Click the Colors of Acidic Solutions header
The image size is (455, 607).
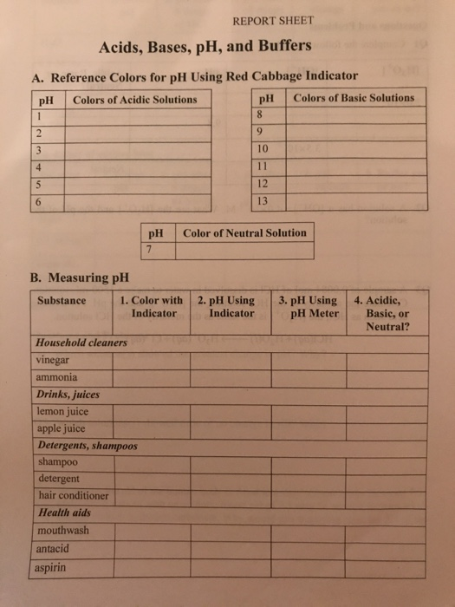coord(134,99)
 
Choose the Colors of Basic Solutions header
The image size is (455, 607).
coord(354,98)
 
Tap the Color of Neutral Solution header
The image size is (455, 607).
coord(244,232)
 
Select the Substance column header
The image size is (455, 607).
coord(62,302)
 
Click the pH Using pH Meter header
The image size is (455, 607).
coord(309,308)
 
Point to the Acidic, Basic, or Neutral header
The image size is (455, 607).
coord(386,314)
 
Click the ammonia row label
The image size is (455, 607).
coord(56,377)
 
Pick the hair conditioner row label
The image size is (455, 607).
coord(73,495)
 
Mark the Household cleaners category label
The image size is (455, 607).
coord(80,343)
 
